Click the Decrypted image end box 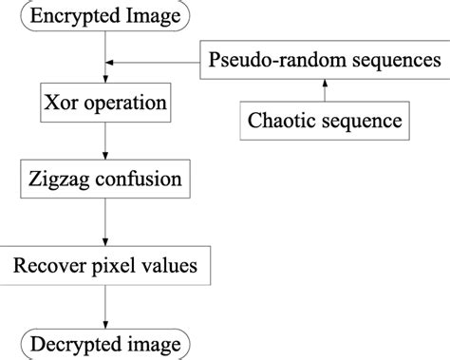(x=104, y=343)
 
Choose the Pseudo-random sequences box (x=324, y=62)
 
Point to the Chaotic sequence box (x=324, y=121)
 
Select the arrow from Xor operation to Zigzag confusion (x=104, y=139)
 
